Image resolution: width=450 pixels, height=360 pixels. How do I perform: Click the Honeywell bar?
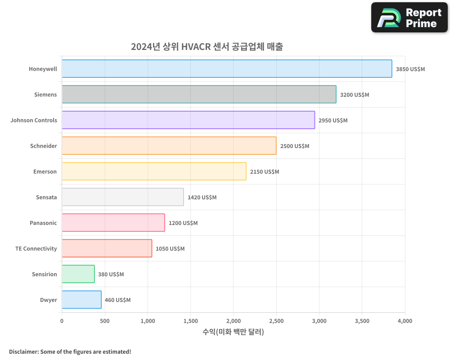(x=227, y=69)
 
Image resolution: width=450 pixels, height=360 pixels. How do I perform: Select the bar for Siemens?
(x=199, y=94)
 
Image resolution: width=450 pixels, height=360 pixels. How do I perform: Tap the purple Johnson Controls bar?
(x=188, y=120)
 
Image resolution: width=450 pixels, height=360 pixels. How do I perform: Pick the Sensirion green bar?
(x=78, y=274)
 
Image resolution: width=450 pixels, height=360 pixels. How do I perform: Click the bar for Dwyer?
(x=81, y=300)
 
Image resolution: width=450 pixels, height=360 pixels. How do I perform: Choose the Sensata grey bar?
(x=122, y=197)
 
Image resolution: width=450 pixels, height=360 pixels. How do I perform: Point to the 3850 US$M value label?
(x=410, y=69)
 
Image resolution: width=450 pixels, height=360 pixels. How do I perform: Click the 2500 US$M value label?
(x=295, y=146)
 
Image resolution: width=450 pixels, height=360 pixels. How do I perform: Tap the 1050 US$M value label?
(x=170, y=249)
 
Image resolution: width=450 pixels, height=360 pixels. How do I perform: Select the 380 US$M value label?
(x=111, y=274)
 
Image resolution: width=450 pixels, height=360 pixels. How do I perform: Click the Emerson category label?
(x=45, y=172)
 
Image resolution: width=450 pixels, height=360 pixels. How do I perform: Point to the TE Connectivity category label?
(x=36, y=249)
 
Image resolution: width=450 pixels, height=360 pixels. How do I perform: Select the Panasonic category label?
(x=43, y=223)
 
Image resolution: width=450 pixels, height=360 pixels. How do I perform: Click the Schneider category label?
(x=44, y=146)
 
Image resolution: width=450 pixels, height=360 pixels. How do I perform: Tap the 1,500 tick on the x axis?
(x=190, y=321)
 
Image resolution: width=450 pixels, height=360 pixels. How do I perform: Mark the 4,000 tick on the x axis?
(x=405, y=321)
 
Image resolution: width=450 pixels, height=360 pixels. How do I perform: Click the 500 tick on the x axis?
(x=104, y=321)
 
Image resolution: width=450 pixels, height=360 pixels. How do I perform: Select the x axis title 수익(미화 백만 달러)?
(x=233, y=332)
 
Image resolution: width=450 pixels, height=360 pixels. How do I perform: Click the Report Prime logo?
(x=409, y=18)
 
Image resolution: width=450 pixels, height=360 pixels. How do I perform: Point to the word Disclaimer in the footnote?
(x=23, y=352)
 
